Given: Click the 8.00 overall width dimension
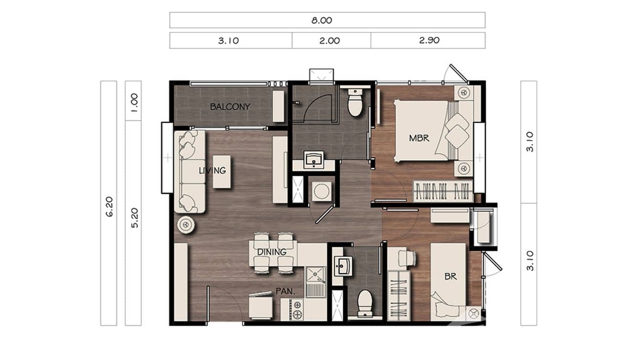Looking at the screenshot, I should pyautogui.click(x=327, y=20).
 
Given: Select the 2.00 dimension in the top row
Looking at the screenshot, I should pyautogui.click(x=330, y=41).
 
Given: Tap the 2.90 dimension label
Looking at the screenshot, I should pyautogui.click(x=429, y=41).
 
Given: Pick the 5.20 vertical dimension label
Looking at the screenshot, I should pyautogui.click(x=134, y=218).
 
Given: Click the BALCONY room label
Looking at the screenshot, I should pyautogui.click(x=230, y=106).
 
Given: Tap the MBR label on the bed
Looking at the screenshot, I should pyautogui.click(x=419, y=138).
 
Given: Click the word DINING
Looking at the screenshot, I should pyautogui.click(x=271, y=252).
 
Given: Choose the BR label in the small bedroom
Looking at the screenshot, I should pyautogui.click(x=450, y=276).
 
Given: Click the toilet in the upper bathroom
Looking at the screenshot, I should pyautogui.click(x=354, y=103).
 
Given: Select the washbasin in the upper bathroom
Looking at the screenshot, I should pyautogui.click(x=314, y=159).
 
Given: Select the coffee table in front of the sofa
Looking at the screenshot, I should pyautogui.click(x=221, y=171).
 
